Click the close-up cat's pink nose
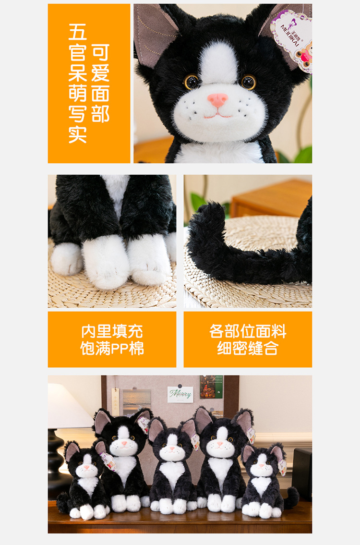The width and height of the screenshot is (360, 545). tap(217, 99)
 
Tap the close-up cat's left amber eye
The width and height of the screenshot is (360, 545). tap(192, 82)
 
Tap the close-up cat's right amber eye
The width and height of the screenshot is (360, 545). tap(249, 82)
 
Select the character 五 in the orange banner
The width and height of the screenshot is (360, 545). tap(77, 32)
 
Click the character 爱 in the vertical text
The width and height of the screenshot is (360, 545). tap(100, 73)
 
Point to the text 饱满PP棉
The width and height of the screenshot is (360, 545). tap(112, 348)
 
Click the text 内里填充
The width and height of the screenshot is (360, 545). tap(112, 331)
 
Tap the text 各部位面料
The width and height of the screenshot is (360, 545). tap(248, 331)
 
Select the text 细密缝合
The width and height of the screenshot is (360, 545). tap(248, 348)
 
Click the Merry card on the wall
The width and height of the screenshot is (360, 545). tap(180, 394)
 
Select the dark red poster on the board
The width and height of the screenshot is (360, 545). tap(211, 387)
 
